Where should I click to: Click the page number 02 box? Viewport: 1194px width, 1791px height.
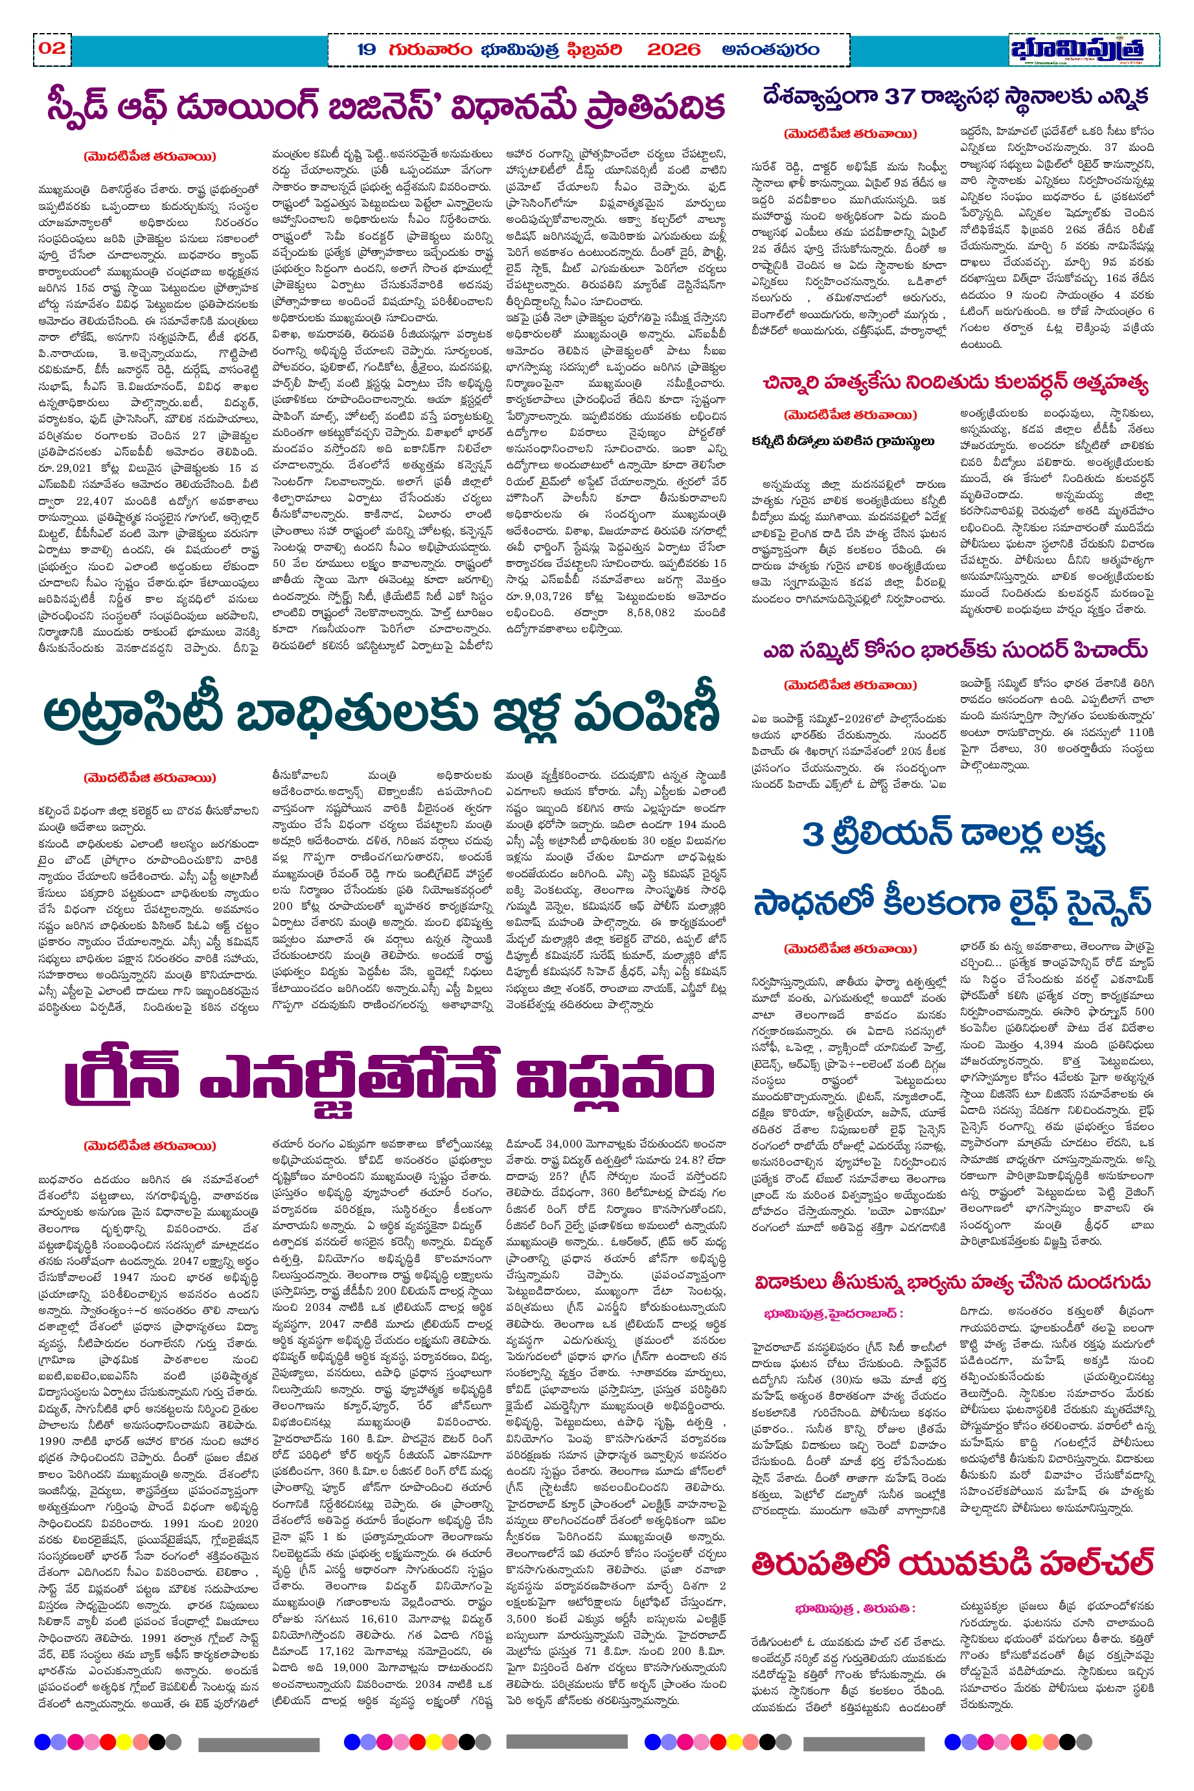pos(52,48)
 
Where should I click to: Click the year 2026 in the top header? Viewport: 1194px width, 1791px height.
pos(673,51)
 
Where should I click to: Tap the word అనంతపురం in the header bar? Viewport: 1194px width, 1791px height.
pos(770,51)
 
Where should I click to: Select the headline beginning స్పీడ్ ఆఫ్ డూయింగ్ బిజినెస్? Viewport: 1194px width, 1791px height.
pos(385,108)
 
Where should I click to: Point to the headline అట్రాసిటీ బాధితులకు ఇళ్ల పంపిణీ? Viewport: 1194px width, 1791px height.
pos(381,713)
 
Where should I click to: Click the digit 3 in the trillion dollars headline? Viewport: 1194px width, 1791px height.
pos(812,835)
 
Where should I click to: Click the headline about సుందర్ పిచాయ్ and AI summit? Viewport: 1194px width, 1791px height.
pos(955,649)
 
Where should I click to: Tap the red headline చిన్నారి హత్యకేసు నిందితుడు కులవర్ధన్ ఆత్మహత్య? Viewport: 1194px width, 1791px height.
pos(955,382)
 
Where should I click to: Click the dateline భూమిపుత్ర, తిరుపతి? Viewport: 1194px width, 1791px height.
pos(855,1608)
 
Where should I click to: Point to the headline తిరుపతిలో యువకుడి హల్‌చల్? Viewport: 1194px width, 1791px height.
pos(952,1565)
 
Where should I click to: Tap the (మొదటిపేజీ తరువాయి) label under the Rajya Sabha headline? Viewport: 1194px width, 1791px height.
pos(850,134)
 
